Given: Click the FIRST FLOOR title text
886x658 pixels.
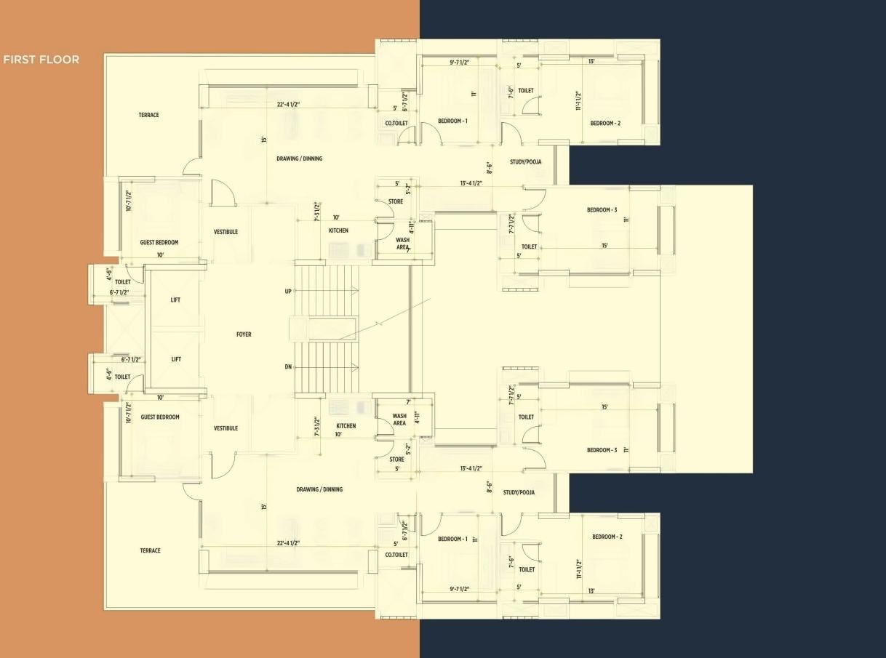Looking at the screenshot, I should coord(41,60).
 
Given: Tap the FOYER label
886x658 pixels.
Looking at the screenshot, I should coord(244,334).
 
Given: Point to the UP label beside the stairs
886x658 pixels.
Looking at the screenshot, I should coord(288,291).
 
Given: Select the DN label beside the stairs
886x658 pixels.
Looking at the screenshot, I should coord(288,367).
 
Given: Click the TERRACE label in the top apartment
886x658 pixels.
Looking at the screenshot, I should coord(148,115).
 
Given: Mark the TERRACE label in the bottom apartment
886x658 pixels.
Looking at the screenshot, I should coord(150,550).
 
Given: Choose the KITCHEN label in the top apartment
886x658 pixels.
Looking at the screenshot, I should coord(338,230).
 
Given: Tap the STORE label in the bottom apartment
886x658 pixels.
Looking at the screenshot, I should coord(396,460).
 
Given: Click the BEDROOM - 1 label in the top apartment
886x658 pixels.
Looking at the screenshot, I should coord(452,121).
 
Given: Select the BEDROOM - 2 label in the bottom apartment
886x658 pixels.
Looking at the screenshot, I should coord(607,537).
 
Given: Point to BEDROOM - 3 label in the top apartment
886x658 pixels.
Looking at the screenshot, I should coord(602,210).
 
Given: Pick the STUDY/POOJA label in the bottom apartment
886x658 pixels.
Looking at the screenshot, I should coord(519,492).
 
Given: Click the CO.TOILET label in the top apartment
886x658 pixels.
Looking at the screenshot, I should coord(396,123).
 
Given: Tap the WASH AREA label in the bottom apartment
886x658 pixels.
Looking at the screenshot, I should coord(399,420).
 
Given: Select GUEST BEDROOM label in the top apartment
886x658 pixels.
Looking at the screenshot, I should coord(159,242).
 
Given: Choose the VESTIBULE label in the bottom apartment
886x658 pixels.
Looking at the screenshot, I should coord(226,428).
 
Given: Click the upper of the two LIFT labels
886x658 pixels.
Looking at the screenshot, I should coord(175,300).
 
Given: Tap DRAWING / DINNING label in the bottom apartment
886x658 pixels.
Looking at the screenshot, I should coord(319,489).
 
